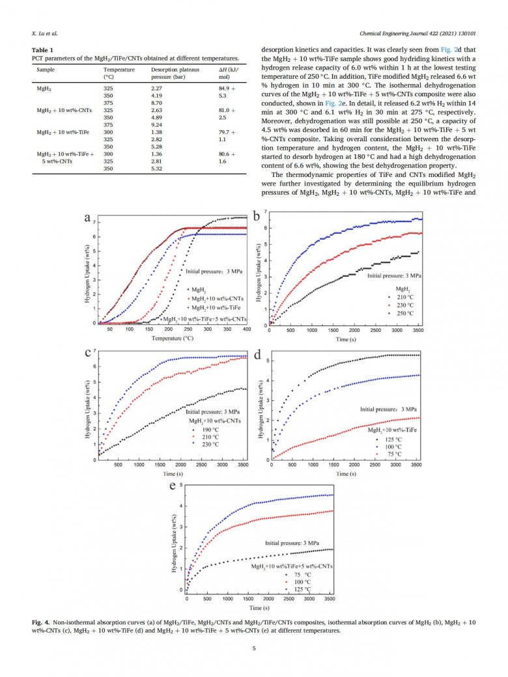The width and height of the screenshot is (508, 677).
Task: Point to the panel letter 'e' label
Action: point(171,488)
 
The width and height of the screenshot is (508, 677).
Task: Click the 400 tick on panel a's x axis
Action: point(247,330)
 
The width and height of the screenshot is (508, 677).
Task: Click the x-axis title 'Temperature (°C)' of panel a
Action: point(173,338)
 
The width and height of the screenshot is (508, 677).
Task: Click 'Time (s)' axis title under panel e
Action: point(259,607)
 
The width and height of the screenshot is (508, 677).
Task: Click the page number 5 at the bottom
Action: point(254,648)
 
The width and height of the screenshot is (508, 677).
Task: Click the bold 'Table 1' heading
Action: point(43,50)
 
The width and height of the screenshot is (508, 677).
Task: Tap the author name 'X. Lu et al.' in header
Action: point(45,33)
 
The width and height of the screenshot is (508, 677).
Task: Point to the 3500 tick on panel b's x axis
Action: point(416,330)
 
